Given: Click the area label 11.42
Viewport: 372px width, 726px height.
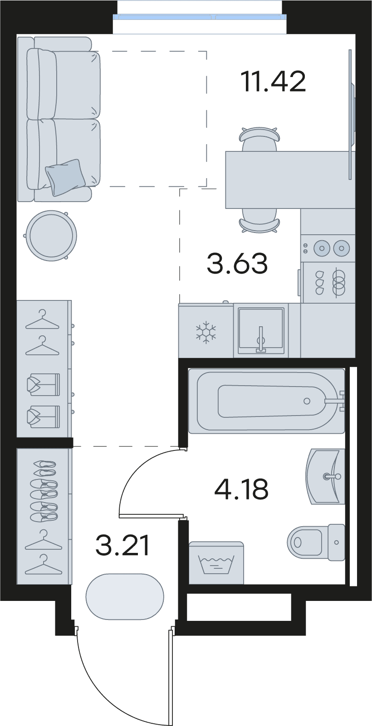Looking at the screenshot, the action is tap(273, 82).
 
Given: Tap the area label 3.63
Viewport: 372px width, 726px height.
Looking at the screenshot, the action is tap(237, 263).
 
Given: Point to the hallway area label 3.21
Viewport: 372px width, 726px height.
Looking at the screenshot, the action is tap(122, 545).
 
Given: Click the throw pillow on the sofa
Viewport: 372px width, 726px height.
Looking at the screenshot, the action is tap(65, 177).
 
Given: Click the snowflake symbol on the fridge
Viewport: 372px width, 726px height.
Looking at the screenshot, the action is tap(206, 332).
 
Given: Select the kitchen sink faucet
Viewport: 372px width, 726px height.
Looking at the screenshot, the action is tap(260, 340).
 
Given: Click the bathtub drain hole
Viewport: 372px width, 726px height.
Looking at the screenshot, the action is tap(307, 401).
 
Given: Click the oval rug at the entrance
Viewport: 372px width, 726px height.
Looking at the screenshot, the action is tap(125, 597).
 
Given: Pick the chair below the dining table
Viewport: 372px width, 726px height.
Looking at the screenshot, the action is tap(259, 220).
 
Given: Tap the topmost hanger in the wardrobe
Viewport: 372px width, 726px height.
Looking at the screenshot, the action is tap(43, 319).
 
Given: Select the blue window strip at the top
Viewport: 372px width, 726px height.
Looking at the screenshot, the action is tap(200, 17).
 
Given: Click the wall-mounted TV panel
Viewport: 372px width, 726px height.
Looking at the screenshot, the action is tap(351, 114).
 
